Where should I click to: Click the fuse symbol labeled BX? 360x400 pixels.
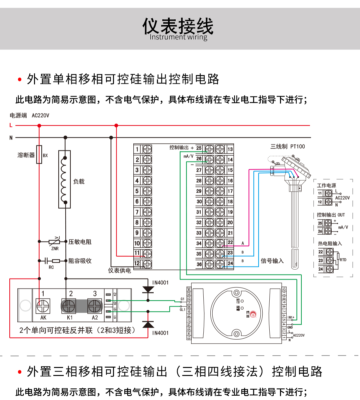point(39,154)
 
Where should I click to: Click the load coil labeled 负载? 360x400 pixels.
point(65,179)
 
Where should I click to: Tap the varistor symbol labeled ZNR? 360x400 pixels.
point(54,241)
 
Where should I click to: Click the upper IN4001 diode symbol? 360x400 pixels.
point(148,289)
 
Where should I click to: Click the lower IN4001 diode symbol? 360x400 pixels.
point(148,325)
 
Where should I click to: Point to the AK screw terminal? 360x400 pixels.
point(43,306)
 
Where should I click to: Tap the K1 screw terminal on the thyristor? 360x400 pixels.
point(69,306)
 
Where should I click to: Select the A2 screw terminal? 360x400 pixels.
point(95,306)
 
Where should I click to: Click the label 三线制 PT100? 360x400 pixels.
point(287,146)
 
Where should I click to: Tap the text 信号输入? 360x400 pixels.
point(272,261)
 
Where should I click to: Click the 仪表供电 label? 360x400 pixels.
point(119,271)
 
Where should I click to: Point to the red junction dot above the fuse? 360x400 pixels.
point(39,126)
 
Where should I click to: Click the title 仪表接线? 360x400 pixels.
point(178,26)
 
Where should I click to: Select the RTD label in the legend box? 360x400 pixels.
point(343,260)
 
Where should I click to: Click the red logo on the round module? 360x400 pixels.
point(253,314)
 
